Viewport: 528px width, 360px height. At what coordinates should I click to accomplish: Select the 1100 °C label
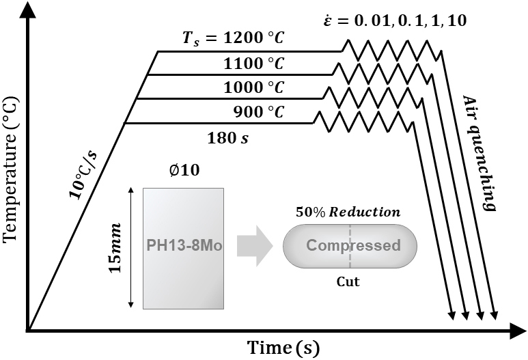253,65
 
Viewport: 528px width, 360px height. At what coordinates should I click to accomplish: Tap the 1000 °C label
253,89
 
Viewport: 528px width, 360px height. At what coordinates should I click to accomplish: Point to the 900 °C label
259,112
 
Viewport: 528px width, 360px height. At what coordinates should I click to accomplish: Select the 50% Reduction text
348,212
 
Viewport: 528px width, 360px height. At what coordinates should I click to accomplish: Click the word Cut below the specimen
348,280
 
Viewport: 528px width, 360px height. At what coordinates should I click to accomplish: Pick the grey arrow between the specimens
255,246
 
